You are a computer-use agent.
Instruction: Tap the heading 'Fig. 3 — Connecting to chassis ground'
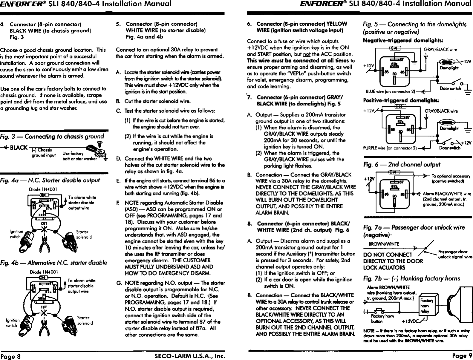point(52,137)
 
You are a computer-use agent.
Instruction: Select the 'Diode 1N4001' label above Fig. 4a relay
point(41,189)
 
